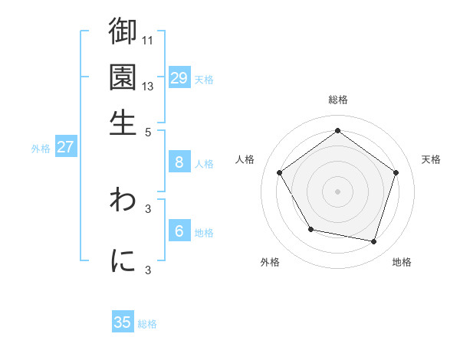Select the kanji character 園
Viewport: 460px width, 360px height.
pyautogui.click(x=123, y=77)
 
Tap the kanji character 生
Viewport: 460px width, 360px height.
pyautogui.click(x=123, y=123)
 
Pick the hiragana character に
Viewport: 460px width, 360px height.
pyautogui.click(x=123, y=260)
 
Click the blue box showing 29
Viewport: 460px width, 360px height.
pyautogui.click(x=179, y=77)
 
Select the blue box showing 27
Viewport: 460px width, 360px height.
pyautogui.click(x=65, y=147)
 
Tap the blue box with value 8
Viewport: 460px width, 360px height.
pyautogui.click(x=179, y=162)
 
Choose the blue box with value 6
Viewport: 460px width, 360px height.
pyautogui.click(x=179, y=231)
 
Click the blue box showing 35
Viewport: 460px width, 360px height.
pyautogui.click(x=123, y=322)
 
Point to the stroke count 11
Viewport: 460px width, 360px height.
pyautogui.click(x=149, y=39)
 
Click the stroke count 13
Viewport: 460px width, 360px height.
pyautogui.click(x=149, y=86)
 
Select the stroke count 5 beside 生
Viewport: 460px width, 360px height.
pyautogui.click(x=149, y=131)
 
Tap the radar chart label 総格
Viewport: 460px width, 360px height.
pyautogui.click(x=338, y=100)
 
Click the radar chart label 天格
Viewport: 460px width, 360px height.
pyautogui.click(x=432, y=159)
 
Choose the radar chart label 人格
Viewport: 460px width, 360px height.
pyautogui.click(x=245, y=159)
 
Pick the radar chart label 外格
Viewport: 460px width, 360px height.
pyautogui.click(x=270, y=262)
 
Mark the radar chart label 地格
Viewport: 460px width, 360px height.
pyautogui.click(x=402, y=262)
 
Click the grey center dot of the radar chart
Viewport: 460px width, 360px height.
pyautogui.click(x=338, y=191)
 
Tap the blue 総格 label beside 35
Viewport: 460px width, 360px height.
pyautogui.click(x=148, y=324)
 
